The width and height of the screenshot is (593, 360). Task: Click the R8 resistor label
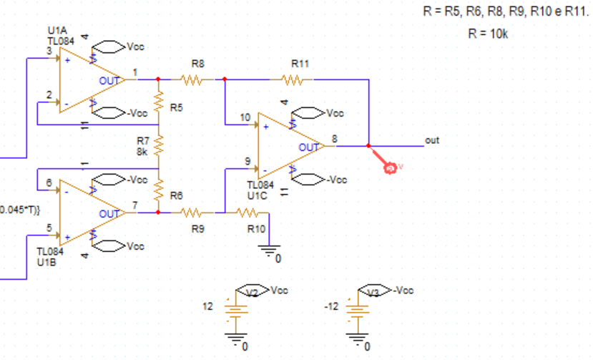point(199,64)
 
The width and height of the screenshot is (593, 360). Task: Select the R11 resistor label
point(300,64)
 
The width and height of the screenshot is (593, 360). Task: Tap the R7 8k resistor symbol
point(159,147)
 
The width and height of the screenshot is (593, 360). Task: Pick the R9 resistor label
point(198,230)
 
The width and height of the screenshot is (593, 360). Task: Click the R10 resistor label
point(255,230)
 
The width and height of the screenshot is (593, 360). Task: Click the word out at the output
point(432,140)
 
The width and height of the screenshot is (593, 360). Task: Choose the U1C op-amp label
point(257,194)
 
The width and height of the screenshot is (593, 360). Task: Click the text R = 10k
point(488,34)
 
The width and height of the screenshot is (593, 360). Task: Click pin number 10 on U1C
point(245,117)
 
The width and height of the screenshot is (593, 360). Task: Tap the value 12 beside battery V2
point(208,306)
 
